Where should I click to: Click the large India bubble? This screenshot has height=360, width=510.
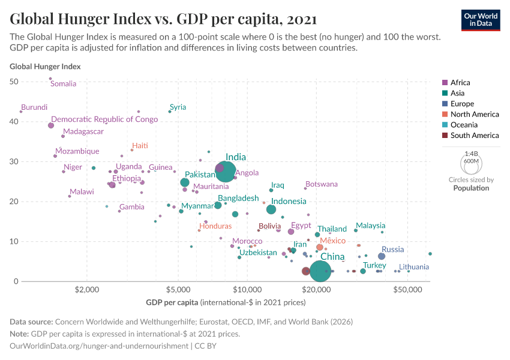(x=226, y=171)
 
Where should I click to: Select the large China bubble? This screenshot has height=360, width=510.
(x=321, y=271)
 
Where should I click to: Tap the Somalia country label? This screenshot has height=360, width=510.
(x=63, y=84)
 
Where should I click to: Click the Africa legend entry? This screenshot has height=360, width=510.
(x=460, y=83)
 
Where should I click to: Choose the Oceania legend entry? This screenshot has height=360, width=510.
(x=464, y=125)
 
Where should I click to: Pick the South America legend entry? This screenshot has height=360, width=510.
(x=474, y=136)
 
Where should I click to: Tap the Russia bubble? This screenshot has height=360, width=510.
(x=382, y=256)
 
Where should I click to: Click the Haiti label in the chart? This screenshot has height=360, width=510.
(x=140, y=146)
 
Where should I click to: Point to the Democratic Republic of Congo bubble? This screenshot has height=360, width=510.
(x=51, y=125)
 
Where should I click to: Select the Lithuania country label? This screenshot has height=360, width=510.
(x=414, y=266)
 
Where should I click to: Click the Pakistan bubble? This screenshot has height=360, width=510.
(x=185, y=182)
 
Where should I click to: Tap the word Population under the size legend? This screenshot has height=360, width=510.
(x=471, y=188)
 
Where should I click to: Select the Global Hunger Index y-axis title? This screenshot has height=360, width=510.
(x=45, y=67)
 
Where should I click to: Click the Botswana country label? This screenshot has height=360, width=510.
(x=322, y=184)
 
